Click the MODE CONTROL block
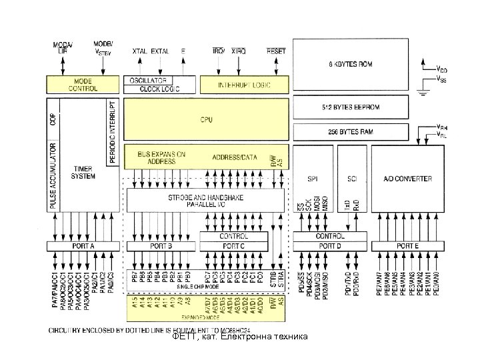pyautogui.click(x=82, y=84)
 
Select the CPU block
pyautogui.click(x=207, y=119)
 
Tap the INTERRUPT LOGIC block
pyautogui.click(x=245, y=84)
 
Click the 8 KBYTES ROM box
pyautogui.click(x=351, y=64)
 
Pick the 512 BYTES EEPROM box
pyautogui.click(x=351, y=107)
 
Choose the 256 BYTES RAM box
pyautogui.click(x=351, y=131)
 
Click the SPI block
pyautogui.click(x=313, y=179)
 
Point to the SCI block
pyautogui.click(x=352, y=179)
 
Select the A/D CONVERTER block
pyautogui.click(x=408, y=179)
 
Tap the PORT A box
pyautogui.click(x=83, y=247)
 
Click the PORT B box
pyautogui.click(x=161, y=247)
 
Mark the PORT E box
pyautogui.click(x=408, y=247)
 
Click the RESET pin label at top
pyautogui.click(x=275, y=51)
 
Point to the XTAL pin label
pyautogui.click(x=140, y=51)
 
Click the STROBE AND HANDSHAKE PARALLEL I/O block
pyautogui.click(x=207, y=200)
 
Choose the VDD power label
pyautogui.click(x=441, y=68)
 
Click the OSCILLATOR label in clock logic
pyautogui.click(x=148, y=80)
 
